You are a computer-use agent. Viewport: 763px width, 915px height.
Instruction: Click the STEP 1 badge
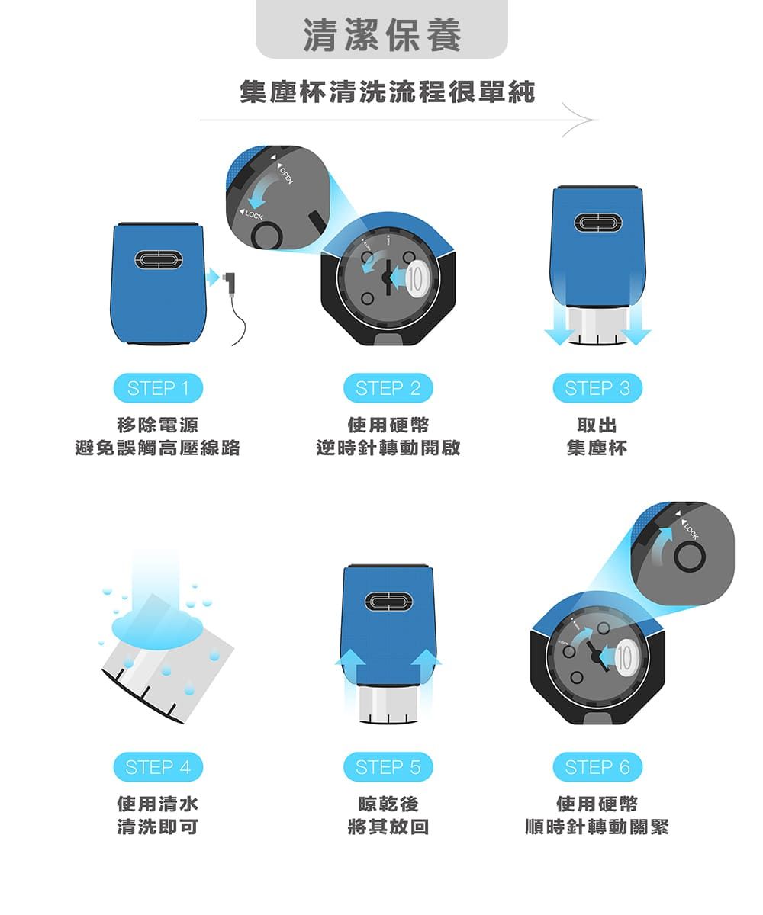(x=158, y=389)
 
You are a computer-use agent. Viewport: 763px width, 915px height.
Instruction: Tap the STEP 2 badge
(x=388, y=389)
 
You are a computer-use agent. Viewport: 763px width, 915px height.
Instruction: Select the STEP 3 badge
(x=597, y=389)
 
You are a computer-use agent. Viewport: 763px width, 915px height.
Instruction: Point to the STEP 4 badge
(x=158, y=767)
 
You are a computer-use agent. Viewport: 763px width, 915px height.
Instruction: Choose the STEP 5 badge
(x=388, y=767)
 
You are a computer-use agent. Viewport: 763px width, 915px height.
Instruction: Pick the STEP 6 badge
(x=597, y=767)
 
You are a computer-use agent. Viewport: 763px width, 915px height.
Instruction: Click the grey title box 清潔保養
(x=381, y=32)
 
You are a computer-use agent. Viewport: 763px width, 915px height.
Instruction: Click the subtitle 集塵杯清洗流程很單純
(x=387, y=93)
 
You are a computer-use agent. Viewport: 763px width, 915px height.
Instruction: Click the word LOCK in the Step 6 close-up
(x=691, y=531)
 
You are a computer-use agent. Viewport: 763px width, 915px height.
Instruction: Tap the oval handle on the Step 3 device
(x=597, y=223)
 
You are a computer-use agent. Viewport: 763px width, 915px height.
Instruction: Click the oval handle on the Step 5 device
(x=388, y=602)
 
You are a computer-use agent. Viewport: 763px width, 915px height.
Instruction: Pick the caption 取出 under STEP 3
(x=597, y=425)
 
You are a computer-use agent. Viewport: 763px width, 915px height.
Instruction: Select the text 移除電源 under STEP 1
(x=157, y=425)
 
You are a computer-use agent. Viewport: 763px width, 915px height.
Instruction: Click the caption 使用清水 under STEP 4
(x=157, y=804)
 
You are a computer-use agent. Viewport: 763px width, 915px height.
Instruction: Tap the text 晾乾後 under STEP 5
(x=388, y=804)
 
